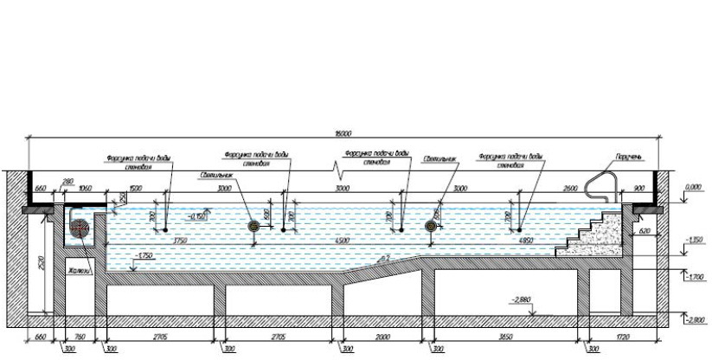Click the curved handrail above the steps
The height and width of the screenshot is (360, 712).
(597, 187)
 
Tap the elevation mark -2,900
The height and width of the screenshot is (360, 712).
(695, 319)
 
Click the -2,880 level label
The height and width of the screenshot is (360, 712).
(520, 300)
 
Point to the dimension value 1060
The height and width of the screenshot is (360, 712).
(85, 188)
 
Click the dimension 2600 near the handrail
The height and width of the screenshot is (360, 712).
(569, 188)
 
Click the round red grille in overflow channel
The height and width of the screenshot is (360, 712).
(80, 228)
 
